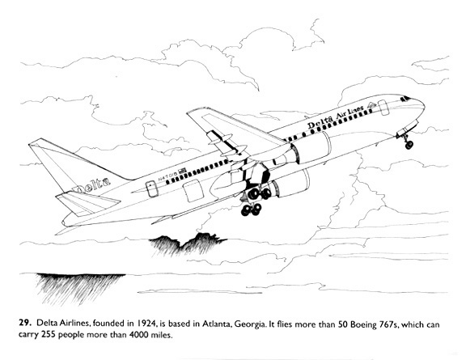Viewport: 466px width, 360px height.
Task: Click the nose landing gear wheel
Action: [409, 145]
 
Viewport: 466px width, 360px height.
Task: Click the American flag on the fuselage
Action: [182, 171]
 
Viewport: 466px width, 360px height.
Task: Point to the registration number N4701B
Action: [167, 176]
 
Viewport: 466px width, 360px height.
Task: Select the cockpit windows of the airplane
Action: [405, 99]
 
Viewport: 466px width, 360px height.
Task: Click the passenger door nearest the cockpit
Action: [383, 108]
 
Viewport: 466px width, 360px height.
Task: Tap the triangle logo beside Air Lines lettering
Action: [371, 104]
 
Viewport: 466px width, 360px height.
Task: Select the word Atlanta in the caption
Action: [217, 324]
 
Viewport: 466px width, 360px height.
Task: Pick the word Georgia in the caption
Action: [250, 324]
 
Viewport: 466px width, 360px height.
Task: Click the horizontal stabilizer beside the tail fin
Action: [88, 203]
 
